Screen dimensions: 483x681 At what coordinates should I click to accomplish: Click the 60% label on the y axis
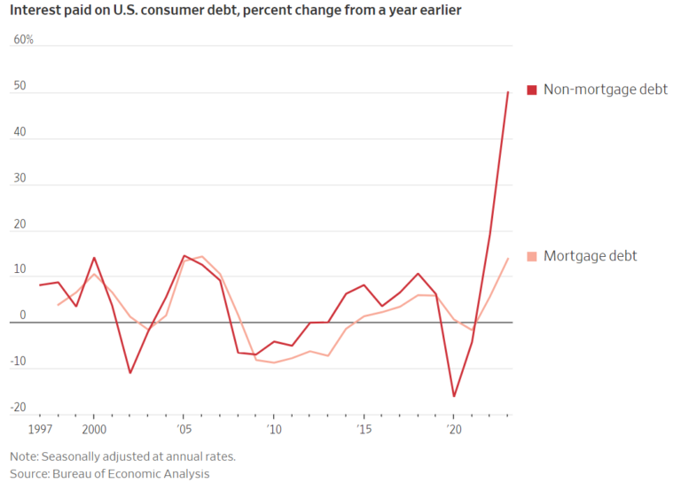(23, 41)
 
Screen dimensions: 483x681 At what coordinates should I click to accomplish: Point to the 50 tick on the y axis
(20, 87)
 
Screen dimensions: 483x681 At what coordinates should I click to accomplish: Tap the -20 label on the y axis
(19, 408)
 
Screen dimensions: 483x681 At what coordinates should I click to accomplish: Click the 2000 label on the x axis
(95, 430)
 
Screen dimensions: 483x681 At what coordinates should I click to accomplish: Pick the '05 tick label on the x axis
(184, 430)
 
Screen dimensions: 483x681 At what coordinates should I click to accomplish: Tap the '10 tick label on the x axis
(273, 430)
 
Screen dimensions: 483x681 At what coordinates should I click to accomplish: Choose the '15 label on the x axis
(364, 430)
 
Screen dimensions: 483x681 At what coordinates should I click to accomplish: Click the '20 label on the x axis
(453, 430)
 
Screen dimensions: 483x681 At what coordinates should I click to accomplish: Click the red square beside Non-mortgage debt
(532, 90)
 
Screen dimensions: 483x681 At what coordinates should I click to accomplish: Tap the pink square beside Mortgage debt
(532, 256)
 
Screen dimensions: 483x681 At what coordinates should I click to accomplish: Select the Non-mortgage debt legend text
(605, 90)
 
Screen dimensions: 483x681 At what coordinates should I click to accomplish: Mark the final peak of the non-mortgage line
(508, 91)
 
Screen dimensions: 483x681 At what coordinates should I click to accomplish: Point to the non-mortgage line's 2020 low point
(454, 396)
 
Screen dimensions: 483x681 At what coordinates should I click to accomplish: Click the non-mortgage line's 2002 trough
(130, 372)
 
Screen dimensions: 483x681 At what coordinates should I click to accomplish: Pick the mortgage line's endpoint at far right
(508, 258)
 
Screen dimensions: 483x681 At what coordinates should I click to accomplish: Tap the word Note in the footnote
(24, 456)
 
